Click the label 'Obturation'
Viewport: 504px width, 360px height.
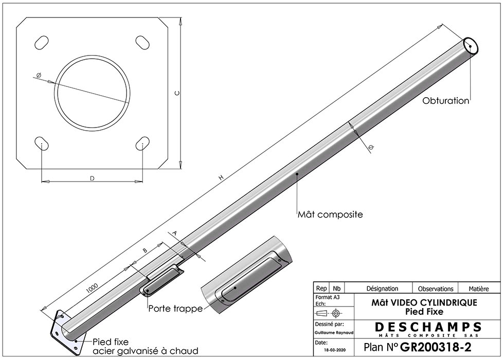(445, 101)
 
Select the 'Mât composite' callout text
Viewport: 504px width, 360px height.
(330, 214)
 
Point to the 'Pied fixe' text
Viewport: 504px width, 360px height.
(110, 341)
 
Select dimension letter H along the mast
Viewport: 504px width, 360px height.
(221, 177)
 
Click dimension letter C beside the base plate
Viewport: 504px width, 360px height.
(176, 93)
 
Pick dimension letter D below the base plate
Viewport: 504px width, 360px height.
(92, 178)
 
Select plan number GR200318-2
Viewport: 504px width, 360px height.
(442, 347)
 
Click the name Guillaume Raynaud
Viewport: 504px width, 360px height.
(333, 333)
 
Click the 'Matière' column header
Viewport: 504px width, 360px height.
(478, 289)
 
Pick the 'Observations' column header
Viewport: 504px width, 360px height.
(436, 289)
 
